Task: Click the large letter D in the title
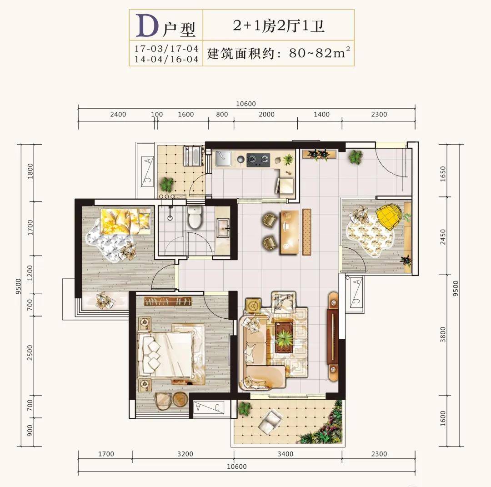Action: pos(147,26)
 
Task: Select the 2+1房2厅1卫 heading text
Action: pos(278,25)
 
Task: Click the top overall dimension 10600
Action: pos(246,104)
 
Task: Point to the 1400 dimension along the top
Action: pos(321,114)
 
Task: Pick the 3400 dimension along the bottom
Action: pos(285,454)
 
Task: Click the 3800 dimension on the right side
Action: pos(443,335)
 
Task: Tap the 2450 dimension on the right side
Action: pos(443,237)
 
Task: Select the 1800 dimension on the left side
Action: pos(30,171)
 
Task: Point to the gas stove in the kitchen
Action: pos(258,160)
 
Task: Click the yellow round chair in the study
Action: pos(388,216)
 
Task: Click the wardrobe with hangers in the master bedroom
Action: pos(168,301)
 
